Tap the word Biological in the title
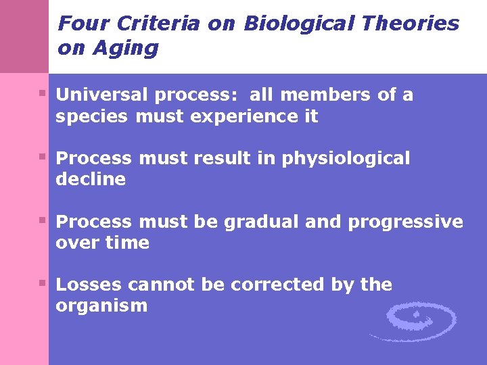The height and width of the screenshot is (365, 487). coord(298,24)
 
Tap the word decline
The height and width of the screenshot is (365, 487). coord(91,179)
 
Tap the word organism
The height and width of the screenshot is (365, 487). coord(101,306)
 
